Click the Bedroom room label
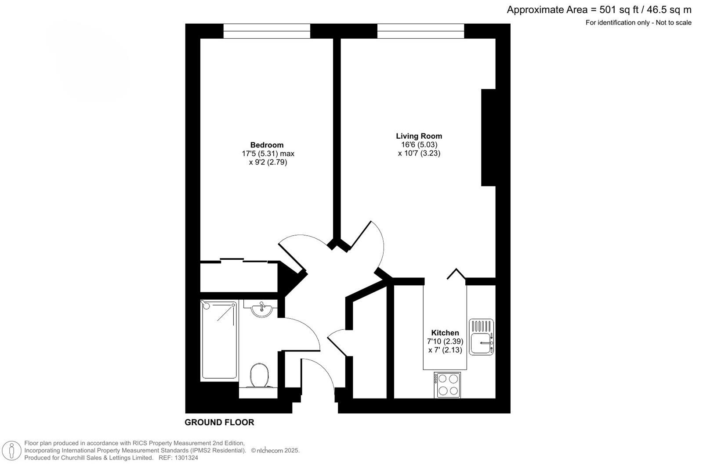coord(267,145)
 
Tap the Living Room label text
coord(419,136)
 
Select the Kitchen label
coord(445,333)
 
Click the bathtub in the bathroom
coord(219,340)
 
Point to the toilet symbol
coord(259,376)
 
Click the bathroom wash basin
coord(262,309)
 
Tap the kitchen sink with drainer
coord(481,337)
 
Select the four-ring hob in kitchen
coord(447,385)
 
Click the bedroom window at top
coord(267,31)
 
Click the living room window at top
coord(420,31)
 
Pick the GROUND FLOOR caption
coord(219,422)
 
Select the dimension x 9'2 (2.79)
coord(268,162)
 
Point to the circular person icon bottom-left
coord(11,451)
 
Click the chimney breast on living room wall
coord(488,137)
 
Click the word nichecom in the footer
coord(269,450)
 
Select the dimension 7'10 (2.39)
coord(445,341)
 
